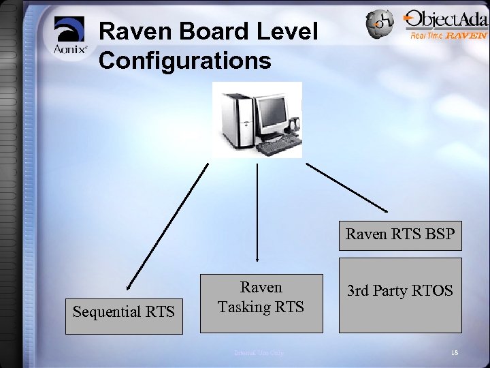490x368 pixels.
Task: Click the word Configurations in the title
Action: pyautogui.click(x=185, y=61)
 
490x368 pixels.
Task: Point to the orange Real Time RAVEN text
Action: pyautogui.click(x=448, y=35)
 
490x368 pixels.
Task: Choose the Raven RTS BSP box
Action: pyautogui.click(x=400, y=235)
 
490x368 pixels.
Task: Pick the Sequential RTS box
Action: pyautogui.click(x=124, y=312)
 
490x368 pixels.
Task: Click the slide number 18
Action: pyautogui.click(x=454, y=352)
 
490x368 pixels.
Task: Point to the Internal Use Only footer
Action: pyautogui.click(x=259, y=352)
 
